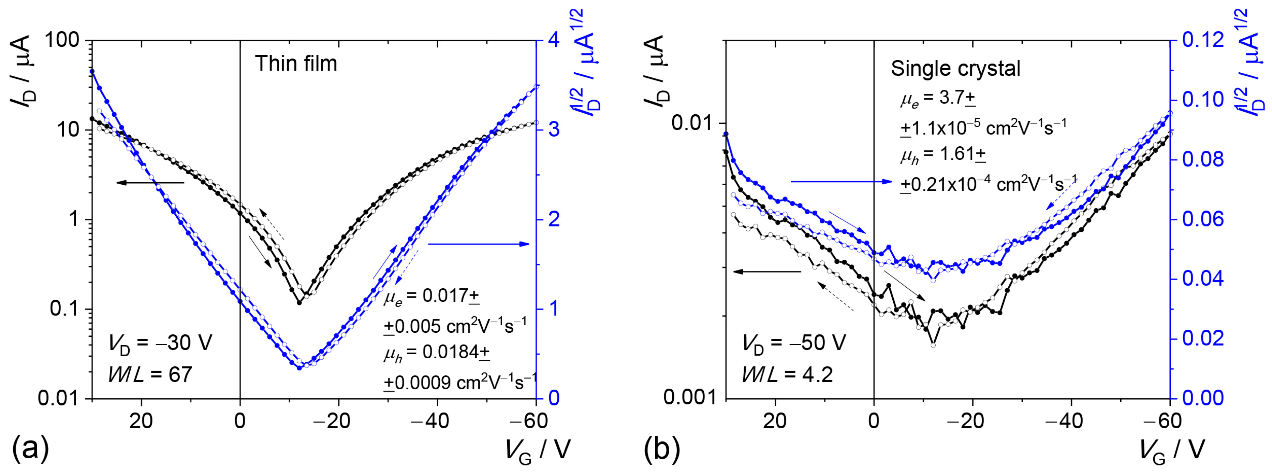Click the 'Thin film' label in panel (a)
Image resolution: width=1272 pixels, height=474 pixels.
tap(296, 64)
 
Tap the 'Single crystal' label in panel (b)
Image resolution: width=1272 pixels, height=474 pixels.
tap(955, 68)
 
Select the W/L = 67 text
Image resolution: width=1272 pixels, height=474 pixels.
tap(150, 374)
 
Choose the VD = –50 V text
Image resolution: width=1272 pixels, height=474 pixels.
tap(793, 343)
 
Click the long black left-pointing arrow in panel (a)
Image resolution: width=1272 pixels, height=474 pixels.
tap(150, 183)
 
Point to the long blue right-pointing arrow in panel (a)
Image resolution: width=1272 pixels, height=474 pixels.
tap(479, 244)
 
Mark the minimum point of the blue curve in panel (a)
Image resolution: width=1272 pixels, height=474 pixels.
tap(299, 368)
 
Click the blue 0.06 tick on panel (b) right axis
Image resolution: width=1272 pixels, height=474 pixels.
tap(1203, 219)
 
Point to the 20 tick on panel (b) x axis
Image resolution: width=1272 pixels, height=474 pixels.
tap(775, 421)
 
